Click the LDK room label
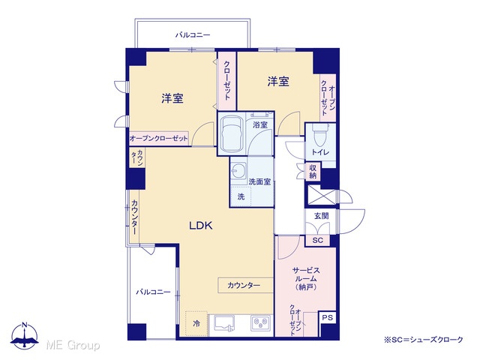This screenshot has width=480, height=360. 201,226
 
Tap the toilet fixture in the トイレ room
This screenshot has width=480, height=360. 319,135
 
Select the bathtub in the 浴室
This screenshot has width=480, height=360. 232,134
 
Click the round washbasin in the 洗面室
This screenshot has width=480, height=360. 238,169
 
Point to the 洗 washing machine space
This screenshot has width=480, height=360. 241,196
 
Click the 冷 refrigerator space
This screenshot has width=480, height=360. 196,323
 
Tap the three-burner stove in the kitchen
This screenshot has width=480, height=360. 261,323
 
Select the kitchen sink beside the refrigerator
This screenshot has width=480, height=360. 224,323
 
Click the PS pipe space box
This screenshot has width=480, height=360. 327,317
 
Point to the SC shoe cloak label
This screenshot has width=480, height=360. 318,240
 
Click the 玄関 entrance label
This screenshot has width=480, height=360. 322,216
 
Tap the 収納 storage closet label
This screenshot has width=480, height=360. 313,172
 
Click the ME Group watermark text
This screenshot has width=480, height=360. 73,345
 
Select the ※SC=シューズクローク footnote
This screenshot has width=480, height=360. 424,340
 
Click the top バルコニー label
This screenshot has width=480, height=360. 193,35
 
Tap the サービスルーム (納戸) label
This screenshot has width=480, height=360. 306,278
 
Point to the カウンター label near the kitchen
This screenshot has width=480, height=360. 244,286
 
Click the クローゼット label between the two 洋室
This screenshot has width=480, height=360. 227,81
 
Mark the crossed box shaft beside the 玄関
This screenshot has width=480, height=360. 321,195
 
